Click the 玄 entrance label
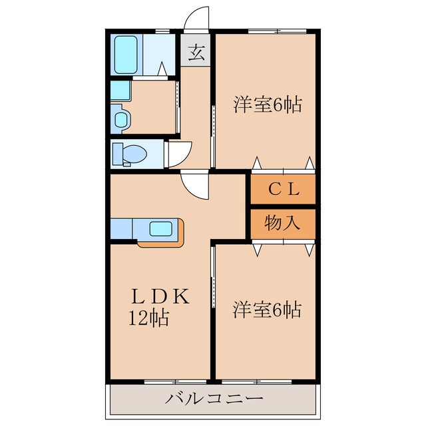tap(196, 53)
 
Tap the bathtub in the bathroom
tap(126, 55)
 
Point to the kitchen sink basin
tap(161, 229)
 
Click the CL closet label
tap(284, 190)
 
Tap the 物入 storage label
tap(282, 223)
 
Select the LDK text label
tap(160, 296)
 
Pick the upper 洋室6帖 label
tap(268, 105)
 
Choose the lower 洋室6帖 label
tap(267, 310)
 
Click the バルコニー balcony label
tap(214, 399)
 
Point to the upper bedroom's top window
tap(278, 31)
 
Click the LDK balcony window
tap(175, 381)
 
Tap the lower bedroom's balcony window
tap(256, 381)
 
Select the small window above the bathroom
tap(162, 31)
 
